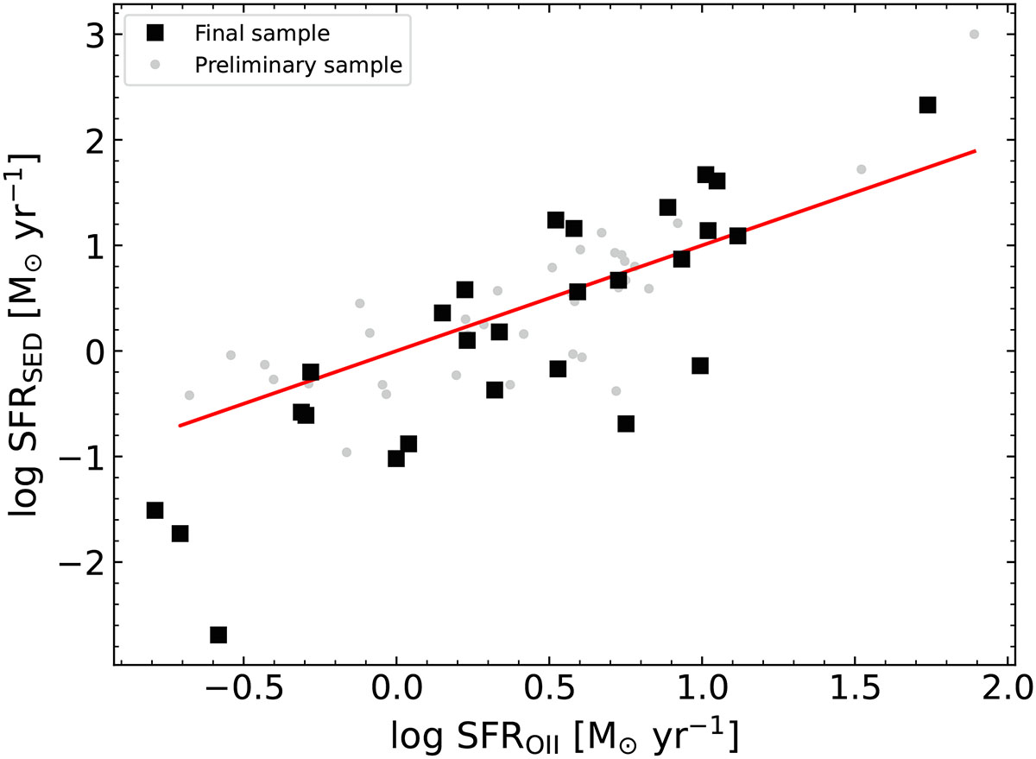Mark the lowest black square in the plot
[x=218, y=635]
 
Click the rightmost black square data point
[x=927, y=104]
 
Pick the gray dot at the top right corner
[x=974, y=35]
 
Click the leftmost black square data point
[x=155, y=510]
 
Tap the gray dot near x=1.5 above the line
[x=861, y=169]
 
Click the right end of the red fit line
[x=976, y=151]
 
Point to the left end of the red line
[x=180, y=426]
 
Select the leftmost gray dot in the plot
[x=189, y=395]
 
